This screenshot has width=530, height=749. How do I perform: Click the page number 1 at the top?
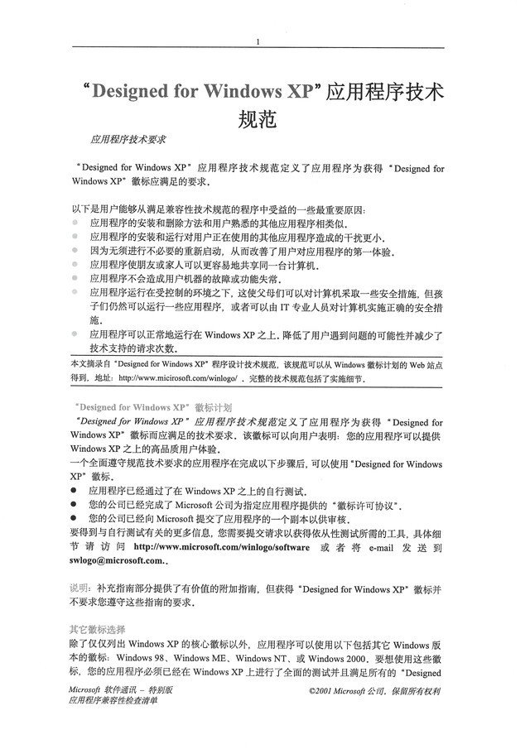[259, 42]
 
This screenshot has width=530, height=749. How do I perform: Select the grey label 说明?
[79, 588]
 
